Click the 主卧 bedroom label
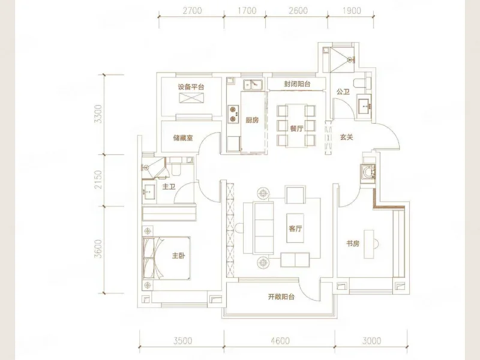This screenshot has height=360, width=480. (178, 256)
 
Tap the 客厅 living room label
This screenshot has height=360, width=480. (295, 229)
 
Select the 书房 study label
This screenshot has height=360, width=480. (353, 244)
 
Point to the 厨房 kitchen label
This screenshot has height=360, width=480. (252, 120)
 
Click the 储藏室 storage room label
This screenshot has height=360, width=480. (183, 138)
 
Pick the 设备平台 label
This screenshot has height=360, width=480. (191, 87)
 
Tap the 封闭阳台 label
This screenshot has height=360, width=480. (297, 84)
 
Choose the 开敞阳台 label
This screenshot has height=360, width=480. (281, 296)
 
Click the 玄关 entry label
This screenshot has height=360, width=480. (347, 137)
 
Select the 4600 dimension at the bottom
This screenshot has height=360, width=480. (280, 340)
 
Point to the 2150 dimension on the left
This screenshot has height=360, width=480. (98, 179)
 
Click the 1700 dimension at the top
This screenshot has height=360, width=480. (247, 11)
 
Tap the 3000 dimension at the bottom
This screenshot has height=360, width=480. (371, 340)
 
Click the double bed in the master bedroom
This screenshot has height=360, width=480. (166, 258)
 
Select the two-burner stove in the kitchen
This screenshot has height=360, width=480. (233, 114)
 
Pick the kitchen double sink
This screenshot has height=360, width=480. (253, 85)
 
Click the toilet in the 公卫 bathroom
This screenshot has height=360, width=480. (361, 83)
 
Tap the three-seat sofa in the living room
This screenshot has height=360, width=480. (264, 228)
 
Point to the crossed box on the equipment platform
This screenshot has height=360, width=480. (191, 98)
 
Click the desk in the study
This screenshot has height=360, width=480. (368, 244)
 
